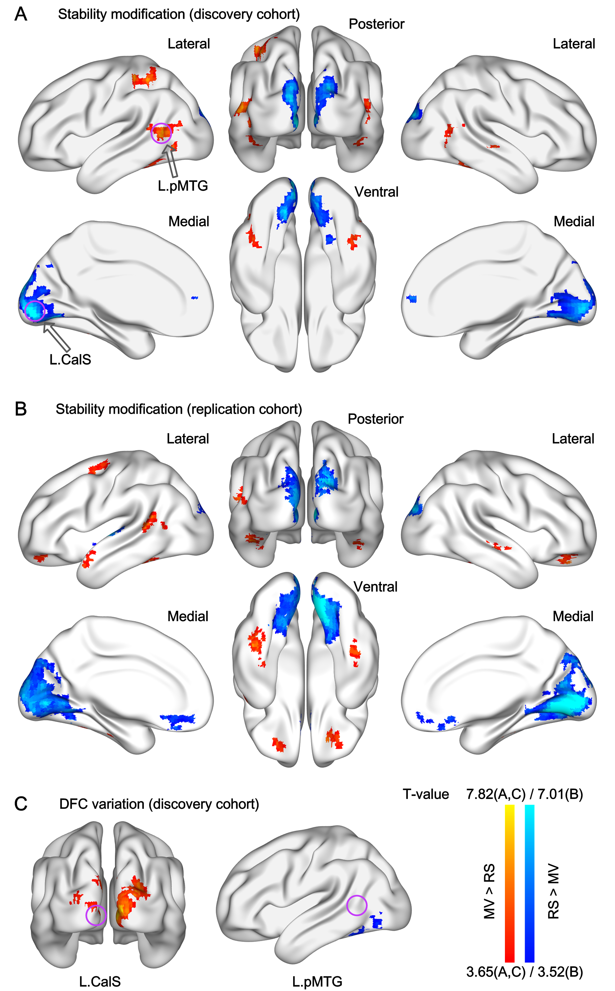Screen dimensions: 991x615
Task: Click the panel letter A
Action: [21, 14]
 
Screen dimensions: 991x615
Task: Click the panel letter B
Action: [21, 409]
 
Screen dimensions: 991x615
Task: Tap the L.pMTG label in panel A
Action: [183, 186]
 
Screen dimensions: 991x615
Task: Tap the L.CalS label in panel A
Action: [70, 359]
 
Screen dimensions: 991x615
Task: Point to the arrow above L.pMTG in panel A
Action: [171, 161]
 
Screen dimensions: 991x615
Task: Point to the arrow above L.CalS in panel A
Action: [57, 336]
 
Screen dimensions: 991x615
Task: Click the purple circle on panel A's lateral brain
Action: [161, 133]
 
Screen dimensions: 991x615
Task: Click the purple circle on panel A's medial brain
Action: [35, 311]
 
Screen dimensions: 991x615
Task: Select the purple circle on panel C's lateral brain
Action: [357, 905]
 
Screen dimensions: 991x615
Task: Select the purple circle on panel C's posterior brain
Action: [96, 915]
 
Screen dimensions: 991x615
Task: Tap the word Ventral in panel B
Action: [375, 587]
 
